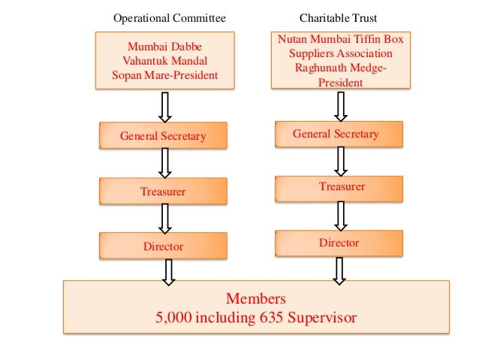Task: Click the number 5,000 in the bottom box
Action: point(174,316)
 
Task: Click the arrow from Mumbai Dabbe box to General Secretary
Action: point(165,106)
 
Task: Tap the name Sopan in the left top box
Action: point(127,74)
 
